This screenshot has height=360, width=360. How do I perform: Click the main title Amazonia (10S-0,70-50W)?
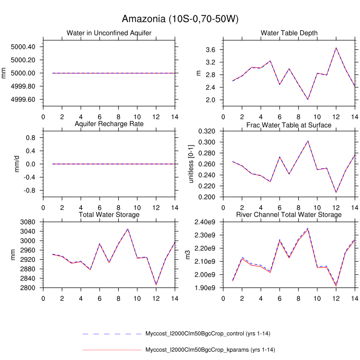click(x=180, y=20)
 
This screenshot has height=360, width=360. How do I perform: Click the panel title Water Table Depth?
click(x=289, y=33)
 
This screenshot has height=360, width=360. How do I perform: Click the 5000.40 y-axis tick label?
click(x=23, y=47)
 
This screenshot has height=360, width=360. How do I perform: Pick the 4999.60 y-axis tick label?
click(x=23, y=99)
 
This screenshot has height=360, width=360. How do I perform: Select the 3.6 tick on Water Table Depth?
click(x=223, y=50)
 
